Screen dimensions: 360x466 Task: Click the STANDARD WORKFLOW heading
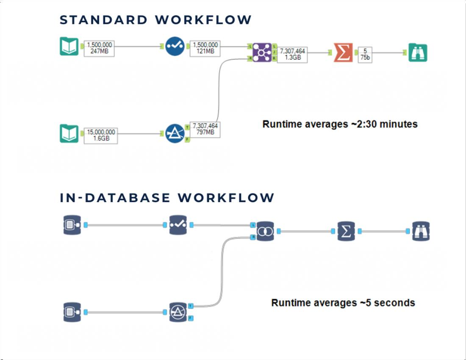point(155,20)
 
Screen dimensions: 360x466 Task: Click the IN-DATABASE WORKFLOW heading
point(167,198)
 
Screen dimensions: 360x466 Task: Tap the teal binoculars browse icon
point(418,53)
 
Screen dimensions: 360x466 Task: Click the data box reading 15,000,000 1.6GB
point(100,135)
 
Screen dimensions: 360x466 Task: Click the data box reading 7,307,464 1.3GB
point(292,54)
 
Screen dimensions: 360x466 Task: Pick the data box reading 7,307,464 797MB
point(205,129)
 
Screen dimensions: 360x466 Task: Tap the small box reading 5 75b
point(365,54)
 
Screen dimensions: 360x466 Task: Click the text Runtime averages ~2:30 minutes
point(340,124)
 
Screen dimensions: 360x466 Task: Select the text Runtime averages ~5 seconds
point(343,303)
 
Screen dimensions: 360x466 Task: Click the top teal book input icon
point(69,47)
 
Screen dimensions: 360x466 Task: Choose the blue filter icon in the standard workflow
point(175,133)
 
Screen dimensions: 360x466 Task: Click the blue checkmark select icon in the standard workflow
point(175,47)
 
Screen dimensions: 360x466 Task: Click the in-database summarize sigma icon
point(346,231)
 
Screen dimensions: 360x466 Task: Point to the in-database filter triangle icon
point(178,312)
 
